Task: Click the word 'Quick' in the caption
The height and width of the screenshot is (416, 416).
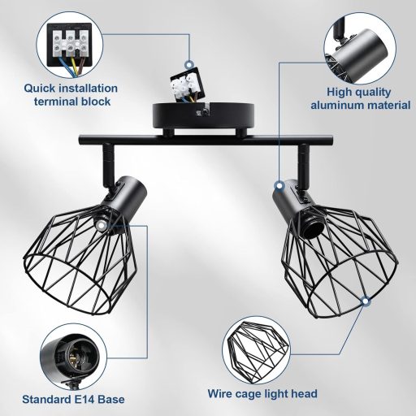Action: tap(41, 88)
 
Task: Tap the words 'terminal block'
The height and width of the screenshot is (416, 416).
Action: tap(72, 102)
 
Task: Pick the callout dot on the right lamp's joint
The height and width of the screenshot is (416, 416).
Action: tap(279, 186)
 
